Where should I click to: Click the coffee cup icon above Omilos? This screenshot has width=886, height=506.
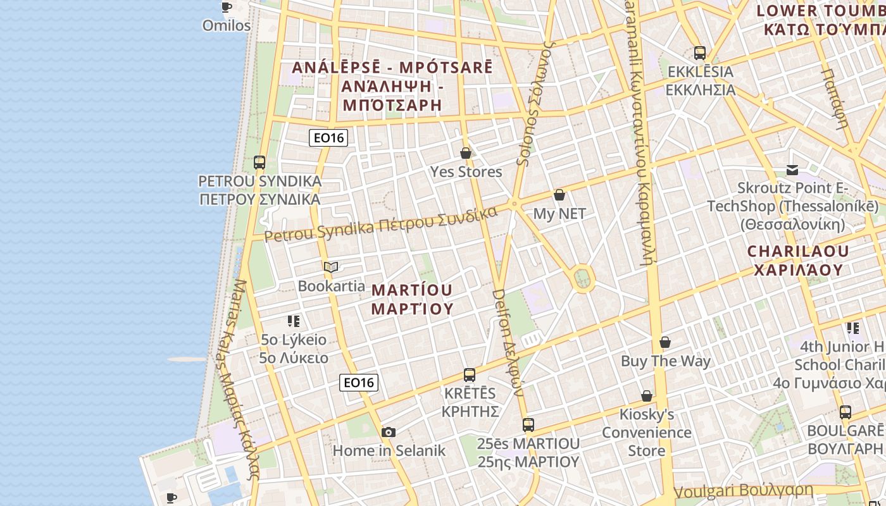click(226, 8)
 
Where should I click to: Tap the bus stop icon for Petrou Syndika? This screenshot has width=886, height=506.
click(259, 163)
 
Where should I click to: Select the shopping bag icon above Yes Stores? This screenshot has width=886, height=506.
click(466, 153)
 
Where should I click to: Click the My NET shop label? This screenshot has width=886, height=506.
click(559, 214)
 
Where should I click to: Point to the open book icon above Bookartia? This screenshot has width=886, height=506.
click(331, 267)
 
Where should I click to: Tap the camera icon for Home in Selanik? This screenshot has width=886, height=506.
click(389, 433)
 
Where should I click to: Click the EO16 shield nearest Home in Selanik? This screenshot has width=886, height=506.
click(359, 382)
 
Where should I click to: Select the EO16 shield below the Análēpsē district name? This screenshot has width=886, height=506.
click(328, 137)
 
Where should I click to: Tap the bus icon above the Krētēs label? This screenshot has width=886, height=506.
click(470, 375)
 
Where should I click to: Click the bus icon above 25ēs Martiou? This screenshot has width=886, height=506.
click(528, 425)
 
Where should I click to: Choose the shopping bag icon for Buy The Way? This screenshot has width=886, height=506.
click(665, 343)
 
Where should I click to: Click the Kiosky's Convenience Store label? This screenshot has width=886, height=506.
click(647, 433)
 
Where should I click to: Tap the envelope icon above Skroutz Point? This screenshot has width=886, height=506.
click(792, 170)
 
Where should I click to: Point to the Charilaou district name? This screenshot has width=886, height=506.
click(798, 260)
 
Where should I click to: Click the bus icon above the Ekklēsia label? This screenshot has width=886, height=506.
click(699, 53)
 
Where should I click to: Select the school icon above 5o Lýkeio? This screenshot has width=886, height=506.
click(294, 321)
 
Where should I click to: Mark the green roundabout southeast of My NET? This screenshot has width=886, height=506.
click(582, 278)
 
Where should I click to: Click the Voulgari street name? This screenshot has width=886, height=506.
click(743, 491)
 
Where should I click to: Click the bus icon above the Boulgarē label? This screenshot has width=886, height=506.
click(845, 413)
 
